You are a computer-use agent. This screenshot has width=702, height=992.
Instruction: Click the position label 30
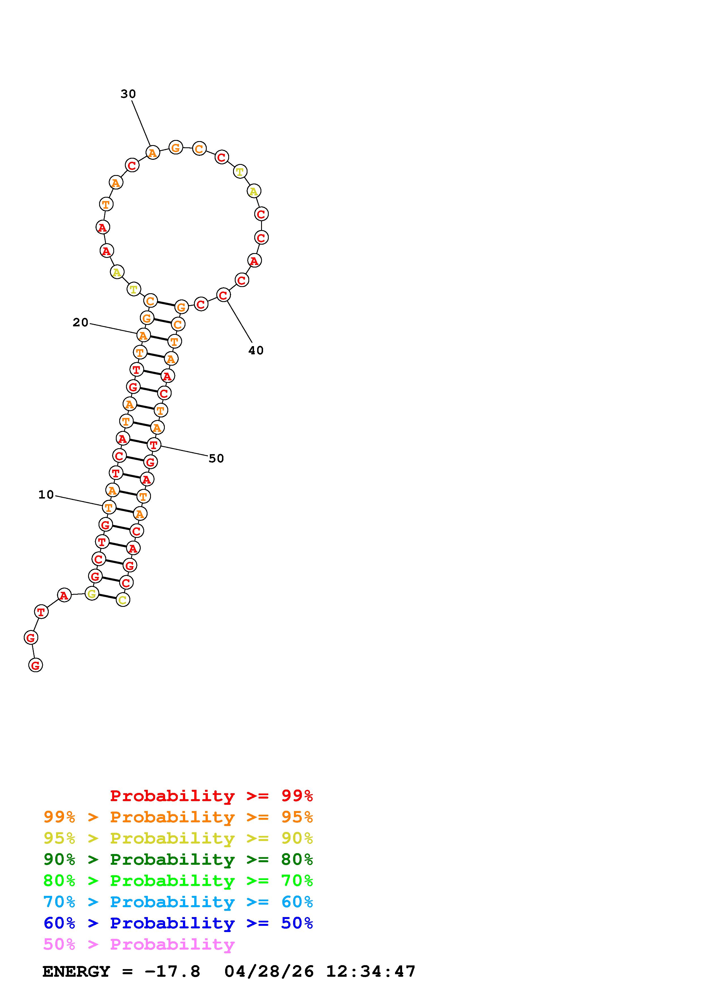click(128, 94)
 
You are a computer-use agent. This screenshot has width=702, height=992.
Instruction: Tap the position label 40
click(256, 350)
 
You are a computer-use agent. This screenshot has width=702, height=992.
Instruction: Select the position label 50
click(216, 458)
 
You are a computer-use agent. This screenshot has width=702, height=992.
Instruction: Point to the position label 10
click(46, 495)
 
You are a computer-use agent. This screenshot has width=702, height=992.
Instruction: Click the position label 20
click(80, 322)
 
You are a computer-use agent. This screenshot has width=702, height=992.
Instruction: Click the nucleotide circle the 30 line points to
click(152, 152)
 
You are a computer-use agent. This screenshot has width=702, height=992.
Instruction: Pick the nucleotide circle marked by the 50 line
click(153, 445)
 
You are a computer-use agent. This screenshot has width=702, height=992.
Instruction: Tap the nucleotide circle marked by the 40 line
click(223, 295)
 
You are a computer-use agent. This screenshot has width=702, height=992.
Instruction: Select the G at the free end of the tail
click(35, 665)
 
